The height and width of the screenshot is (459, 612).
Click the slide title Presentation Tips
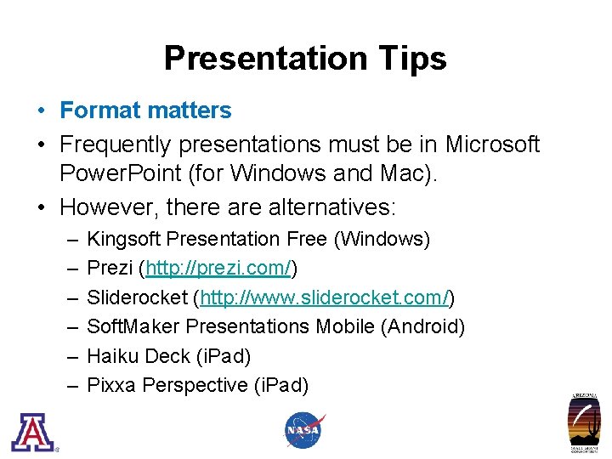point(305,59)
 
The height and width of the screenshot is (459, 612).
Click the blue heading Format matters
point(145,110)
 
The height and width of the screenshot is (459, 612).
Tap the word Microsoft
point(492,144)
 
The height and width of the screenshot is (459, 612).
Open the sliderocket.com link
point(324,298)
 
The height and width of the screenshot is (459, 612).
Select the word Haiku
point(113,356)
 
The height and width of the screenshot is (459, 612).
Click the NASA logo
point(303,430)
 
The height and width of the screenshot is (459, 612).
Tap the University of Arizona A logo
point(31,432)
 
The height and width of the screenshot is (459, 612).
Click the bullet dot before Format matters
point(41,111)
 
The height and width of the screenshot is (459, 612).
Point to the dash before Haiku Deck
point(69,356)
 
